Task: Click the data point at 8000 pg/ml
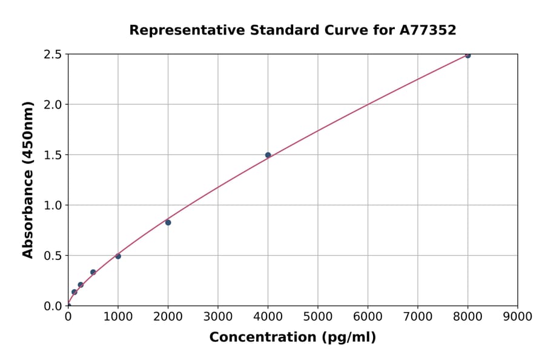point(467,55)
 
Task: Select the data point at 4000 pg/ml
point(268,155)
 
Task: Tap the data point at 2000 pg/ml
point(168,222)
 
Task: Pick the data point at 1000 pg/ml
point(118,256)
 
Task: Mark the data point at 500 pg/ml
point(93,272)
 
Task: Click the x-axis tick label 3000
point(218,316)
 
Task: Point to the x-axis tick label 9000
point(518,316)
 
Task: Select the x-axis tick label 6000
point(368,316)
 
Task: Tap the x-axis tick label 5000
point(318,316)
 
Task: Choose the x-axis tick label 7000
point(418,316)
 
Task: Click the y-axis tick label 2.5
point(53,55)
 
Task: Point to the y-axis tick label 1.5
point(53,155)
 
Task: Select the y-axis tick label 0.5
point(53,256)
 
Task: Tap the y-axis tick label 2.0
point(53,105)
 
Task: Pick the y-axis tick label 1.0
point(53,205)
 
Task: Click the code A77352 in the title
point(428,30)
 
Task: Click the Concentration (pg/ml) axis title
point(292,338)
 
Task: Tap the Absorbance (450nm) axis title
point(28,179)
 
